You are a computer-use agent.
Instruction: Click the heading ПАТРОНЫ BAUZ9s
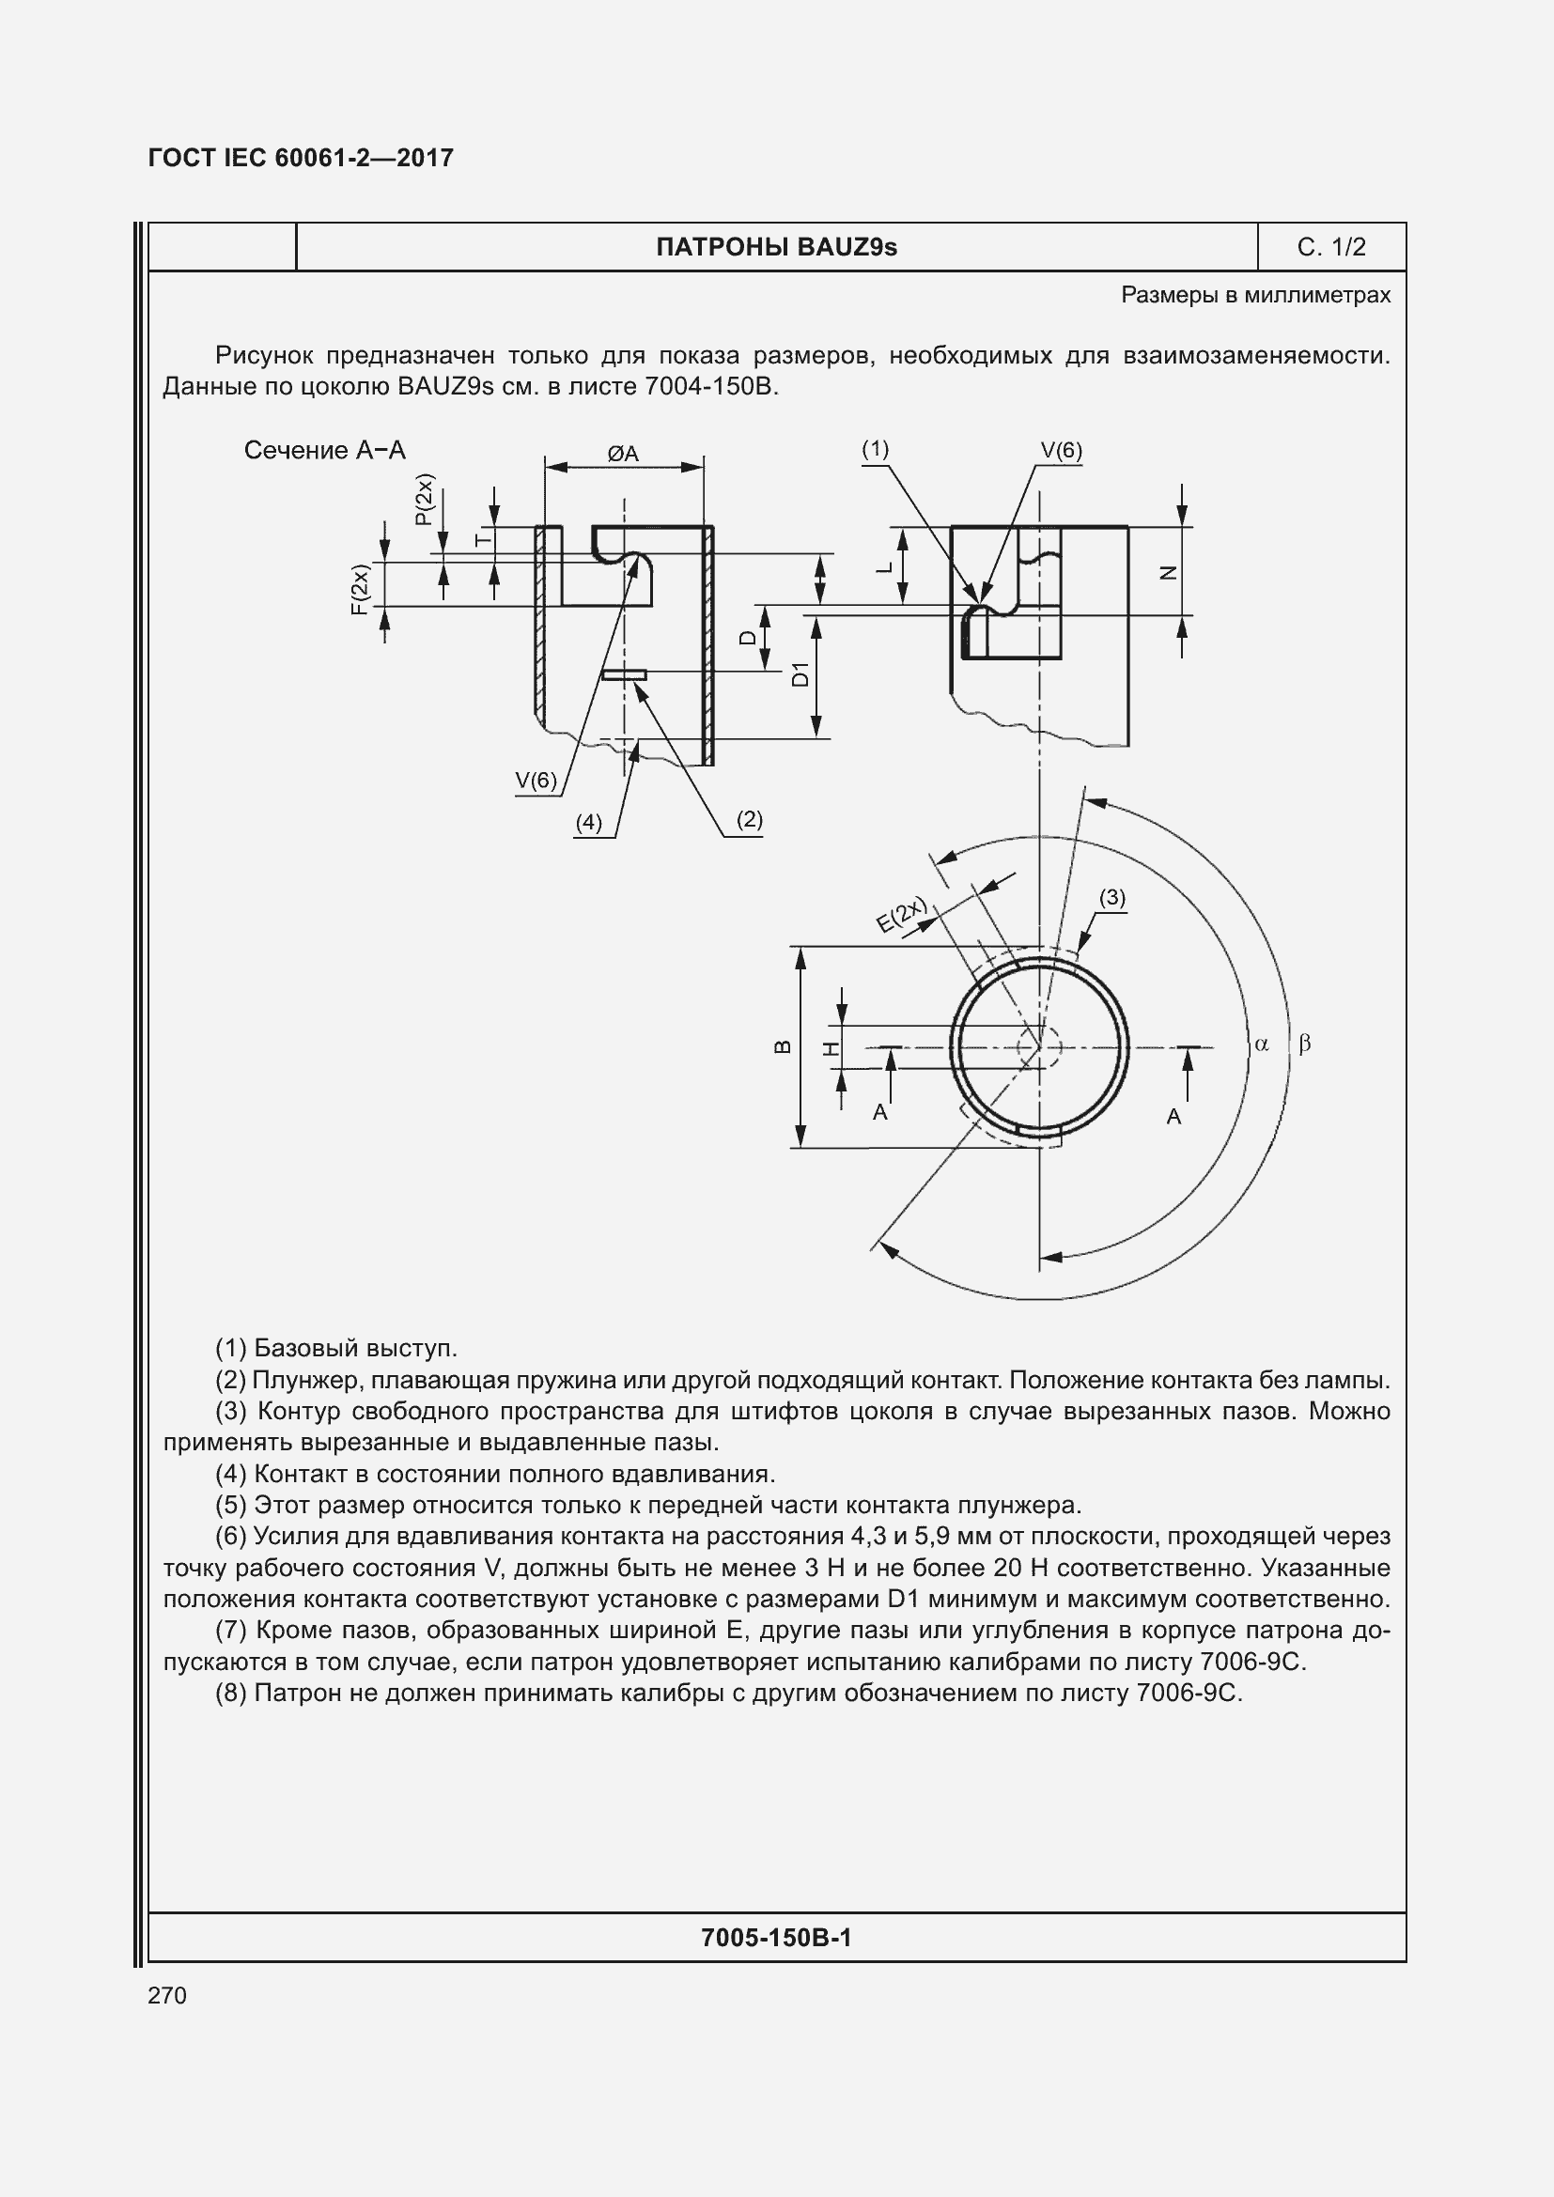(x=776, y=248)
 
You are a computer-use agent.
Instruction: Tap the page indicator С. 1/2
(x=1331, y=248)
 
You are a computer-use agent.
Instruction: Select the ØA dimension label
(x=623, y=454)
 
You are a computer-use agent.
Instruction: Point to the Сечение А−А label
(x=324, y=451)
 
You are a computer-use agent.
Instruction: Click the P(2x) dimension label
(x=424, y=500)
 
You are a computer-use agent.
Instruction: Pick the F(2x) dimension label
(x=359, y=590)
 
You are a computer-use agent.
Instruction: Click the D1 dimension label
(x=801, y=674)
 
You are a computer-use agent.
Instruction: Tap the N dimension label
(x=1169, y=572)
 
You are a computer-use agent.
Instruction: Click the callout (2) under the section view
(x=749, y=819)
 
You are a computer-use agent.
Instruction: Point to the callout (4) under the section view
(x=588, y=822)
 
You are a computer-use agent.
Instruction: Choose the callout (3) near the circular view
(x=1111, y=898)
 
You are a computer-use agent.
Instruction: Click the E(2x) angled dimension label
(x=902, y=915)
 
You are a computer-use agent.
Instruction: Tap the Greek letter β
(x=1304, y=1044)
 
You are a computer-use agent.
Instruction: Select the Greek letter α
(x=1261, y=1044)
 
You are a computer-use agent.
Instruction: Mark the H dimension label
(x=832, y=1049)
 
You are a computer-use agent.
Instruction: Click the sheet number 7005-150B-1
(x=776, y=1938)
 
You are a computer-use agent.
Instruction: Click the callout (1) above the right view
(x=875, y=449)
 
